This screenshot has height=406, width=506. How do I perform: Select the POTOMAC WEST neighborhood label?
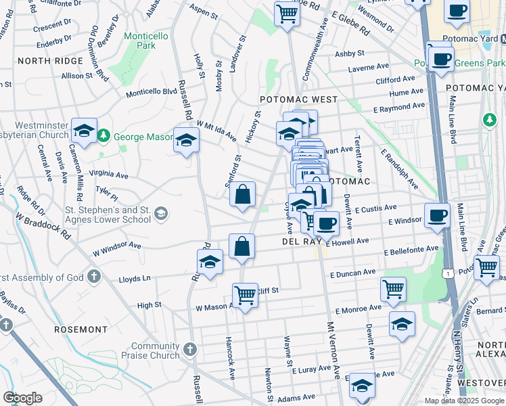(x=298, y=99)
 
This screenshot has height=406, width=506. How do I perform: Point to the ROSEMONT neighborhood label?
(x=83, y=330)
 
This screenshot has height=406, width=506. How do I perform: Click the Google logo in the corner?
(x=22, y=398)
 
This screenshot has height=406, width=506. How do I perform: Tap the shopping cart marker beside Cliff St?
(x=245, y=296)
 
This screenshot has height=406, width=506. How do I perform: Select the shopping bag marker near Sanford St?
(x=243, y=195)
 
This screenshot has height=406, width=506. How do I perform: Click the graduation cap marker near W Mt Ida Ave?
(x=187, y=140)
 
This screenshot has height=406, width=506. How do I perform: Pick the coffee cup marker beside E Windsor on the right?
(x=437, y=216)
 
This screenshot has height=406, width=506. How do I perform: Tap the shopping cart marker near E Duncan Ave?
(x=393, y=290)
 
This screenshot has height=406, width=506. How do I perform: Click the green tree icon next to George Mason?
(x=103, y=137)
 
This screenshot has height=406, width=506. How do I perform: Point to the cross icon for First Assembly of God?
(x=94, y=277)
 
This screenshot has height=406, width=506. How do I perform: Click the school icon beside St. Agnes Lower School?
(x=161, y=215)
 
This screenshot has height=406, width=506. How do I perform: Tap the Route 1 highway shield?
(x=446, y=273)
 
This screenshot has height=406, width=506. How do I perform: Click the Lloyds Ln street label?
(x=134, y=278)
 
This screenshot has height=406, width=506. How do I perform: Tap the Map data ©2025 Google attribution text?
(x=463, y=401)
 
